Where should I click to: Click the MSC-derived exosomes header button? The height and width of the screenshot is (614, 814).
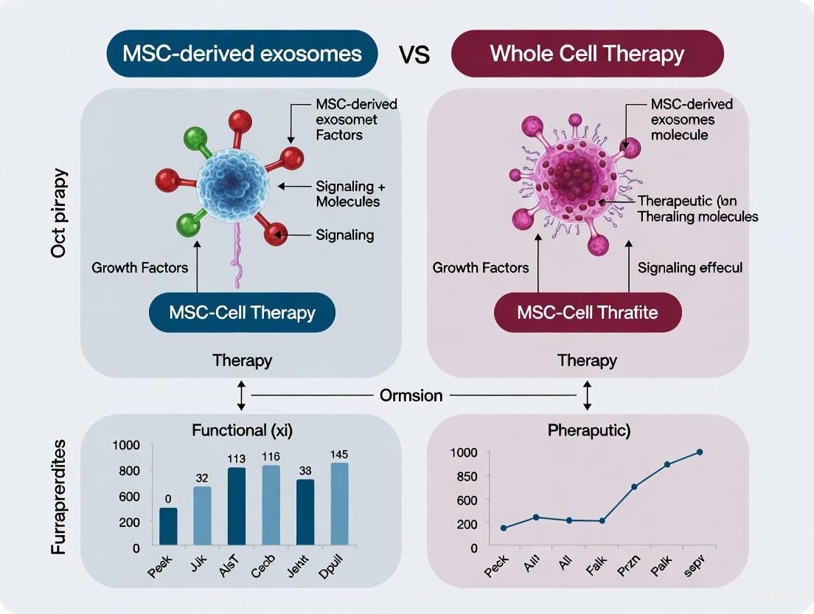pos(241,54)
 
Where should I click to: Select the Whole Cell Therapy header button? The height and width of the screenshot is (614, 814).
pos(587,54)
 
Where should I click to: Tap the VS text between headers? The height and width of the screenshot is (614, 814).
pos(414,55)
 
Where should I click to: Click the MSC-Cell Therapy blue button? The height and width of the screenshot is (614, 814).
pos(242,312)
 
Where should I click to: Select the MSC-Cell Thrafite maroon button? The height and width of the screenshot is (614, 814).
pos(587,312)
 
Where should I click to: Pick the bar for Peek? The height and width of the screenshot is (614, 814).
pos(169,528)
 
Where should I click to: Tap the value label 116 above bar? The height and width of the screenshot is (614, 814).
pos(271,457)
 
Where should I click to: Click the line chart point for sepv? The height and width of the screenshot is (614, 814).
pos(700,452)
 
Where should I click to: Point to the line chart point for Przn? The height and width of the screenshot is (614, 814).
pos(634,487)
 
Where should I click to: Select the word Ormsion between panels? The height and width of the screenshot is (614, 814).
pos(411,396)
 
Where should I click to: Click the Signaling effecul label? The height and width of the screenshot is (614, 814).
pos(690,268)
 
